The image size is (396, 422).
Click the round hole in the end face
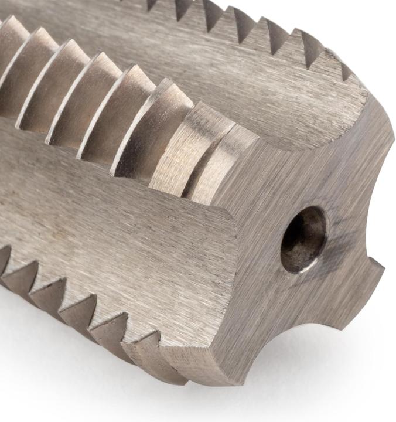pyautogui.click(x=303, y=239)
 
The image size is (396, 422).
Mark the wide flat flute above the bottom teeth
pyautogui.click(x=117, y=234)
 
